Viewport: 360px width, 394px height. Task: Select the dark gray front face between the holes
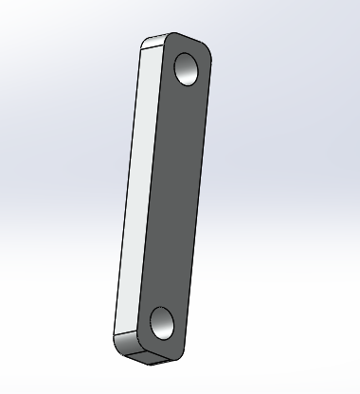point(176,189)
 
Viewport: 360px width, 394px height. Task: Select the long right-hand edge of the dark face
point(199,189)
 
